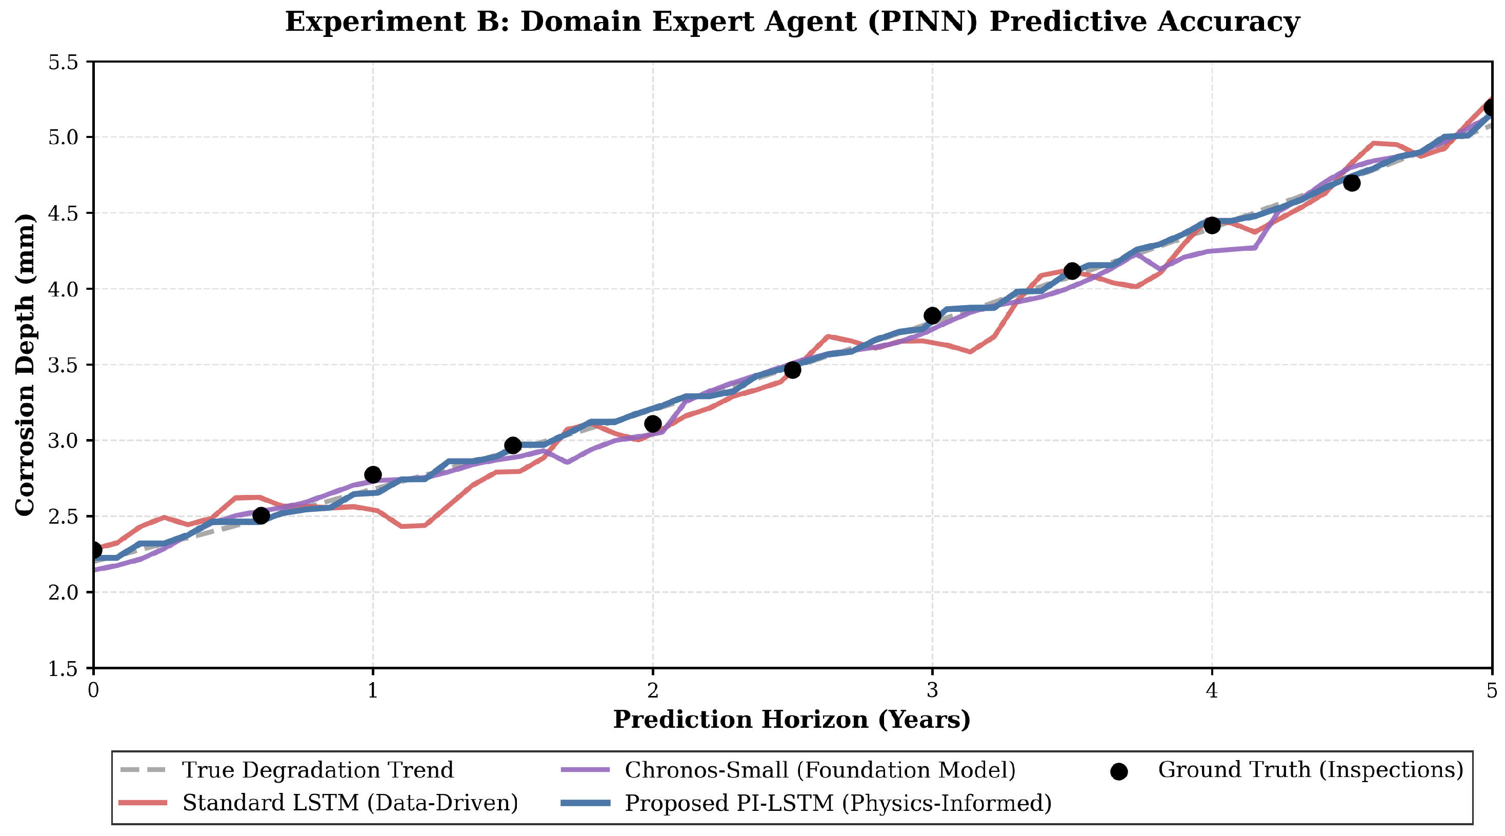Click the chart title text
[x=792, y=22]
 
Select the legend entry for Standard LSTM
[x=318, y=803]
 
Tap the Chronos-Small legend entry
[x=788, y=770]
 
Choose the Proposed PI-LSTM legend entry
[x=806, y=803]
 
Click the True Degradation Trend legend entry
[x=286, y=770]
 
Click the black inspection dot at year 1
[x=373, y=474]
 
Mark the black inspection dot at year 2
[x=653, y=424]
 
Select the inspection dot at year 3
[x=932, y=315]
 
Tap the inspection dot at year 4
[x=1212, y=225]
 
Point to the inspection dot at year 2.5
[x=792, y=370]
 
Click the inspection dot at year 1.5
[x=512, y=445]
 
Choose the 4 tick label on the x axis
[x=1212, y=691]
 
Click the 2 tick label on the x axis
[x=653, y=691]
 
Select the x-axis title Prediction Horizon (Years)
[x=792, y=720]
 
